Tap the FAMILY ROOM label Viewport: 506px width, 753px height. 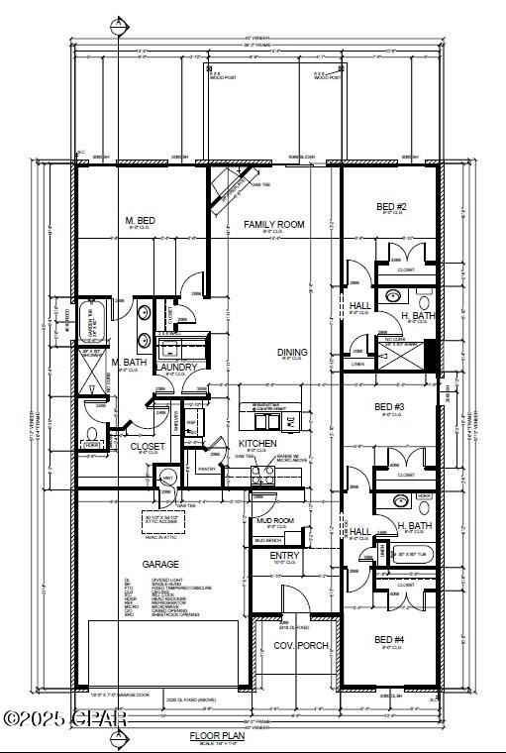274,225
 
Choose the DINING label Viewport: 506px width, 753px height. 292,352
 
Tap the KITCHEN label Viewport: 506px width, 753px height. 256,443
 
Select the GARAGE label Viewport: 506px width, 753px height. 159,564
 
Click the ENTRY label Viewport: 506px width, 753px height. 284,556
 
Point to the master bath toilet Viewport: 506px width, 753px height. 91,438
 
